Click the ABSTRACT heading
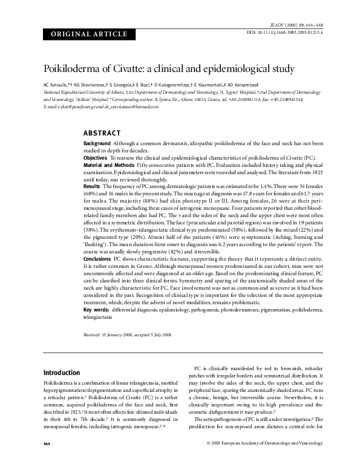tap(102, 133)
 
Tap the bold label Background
tap(97, 143)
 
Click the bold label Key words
tap(96, 310)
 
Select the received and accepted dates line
tap(127, 334)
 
